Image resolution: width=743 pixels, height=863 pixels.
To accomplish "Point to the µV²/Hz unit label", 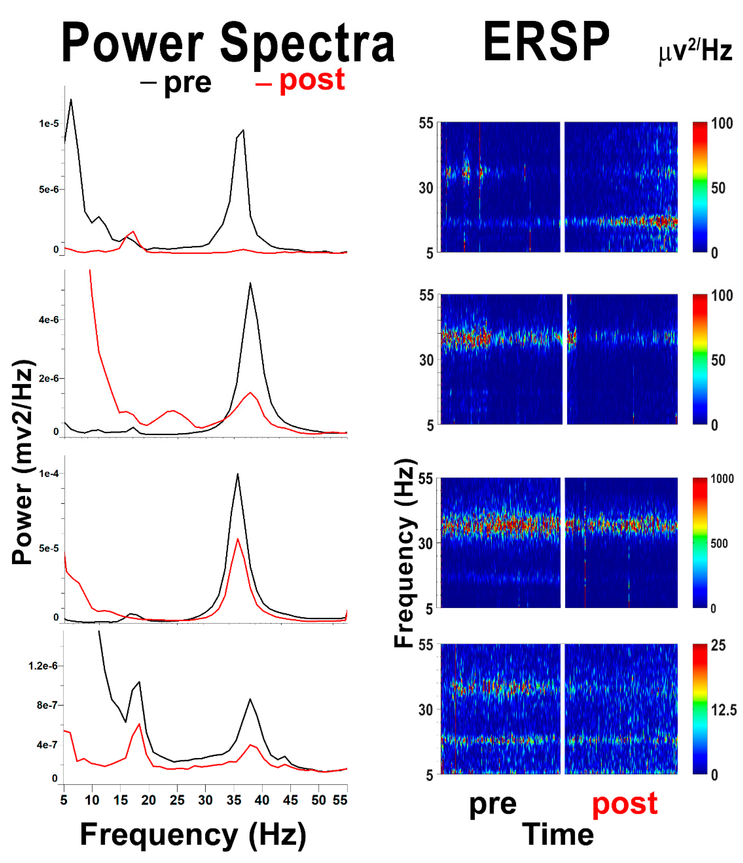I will point(695,52).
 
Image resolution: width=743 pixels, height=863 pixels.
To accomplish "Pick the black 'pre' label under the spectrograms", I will point(493,805).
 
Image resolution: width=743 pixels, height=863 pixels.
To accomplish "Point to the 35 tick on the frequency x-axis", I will point(234,800).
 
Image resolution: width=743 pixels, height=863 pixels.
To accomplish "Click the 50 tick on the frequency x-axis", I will point(318,800).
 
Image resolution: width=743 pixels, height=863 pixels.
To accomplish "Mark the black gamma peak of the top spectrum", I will point(243,130).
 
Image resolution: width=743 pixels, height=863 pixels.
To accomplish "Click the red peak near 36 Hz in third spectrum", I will point(238,539).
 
